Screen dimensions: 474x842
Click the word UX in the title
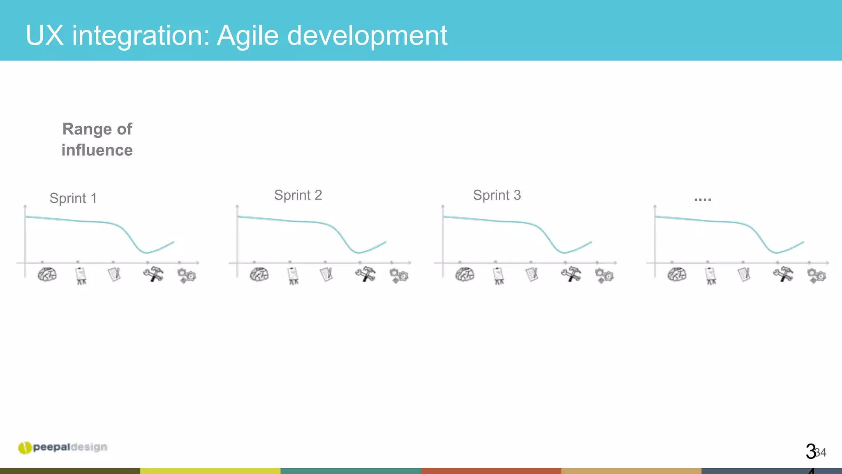[x=44, y=35]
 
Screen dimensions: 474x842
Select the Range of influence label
[x=97, y=139]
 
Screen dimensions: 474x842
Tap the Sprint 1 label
[x=73, y=198]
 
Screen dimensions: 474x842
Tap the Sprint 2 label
[x=298, y=195]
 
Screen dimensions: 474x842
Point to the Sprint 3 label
[x=497, y=195]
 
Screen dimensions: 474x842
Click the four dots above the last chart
[x=702, y=200]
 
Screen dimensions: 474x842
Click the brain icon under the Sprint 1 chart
[x=47, y=274]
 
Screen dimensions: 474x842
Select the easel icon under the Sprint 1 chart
[x=81, y=275]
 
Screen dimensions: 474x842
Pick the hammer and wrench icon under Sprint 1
[x=153, y=274]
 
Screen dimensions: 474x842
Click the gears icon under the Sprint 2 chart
[x=398, y=275]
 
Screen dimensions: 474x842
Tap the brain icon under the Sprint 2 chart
[x=259, y=274]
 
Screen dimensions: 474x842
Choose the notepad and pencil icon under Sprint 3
[x=532, y=274]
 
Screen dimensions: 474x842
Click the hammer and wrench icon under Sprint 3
[x=571, y=274]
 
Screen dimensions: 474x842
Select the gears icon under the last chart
[x=816, y=275]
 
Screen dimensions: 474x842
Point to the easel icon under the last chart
[x=711, y=275]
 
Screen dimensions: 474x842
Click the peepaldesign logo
[x=63, y=447]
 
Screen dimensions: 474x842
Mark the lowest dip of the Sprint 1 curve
[x=146, y=253]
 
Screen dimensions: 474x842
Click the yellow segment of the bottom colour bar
[x=210, y=471]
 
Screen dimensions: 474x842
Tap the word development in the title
[x=367, y=36]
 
